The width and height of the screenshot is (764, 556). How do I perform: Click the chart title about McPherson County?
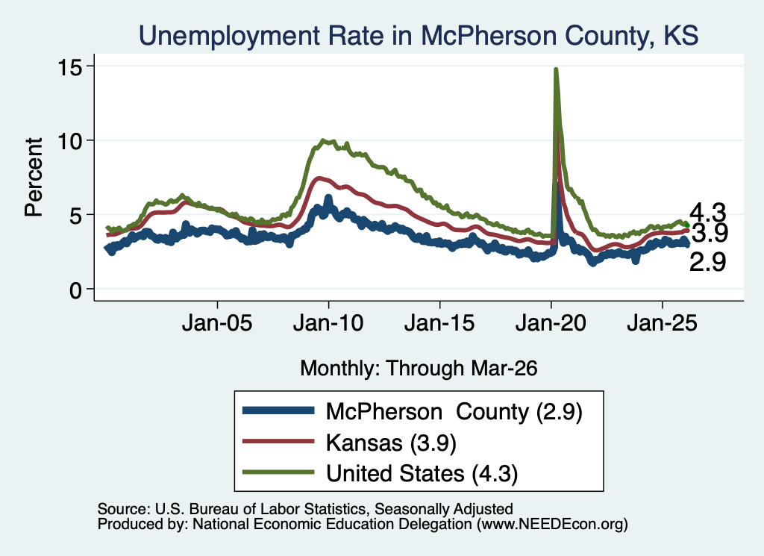(419, 36)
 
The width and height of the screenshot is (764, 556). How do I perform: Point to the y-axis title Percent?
(34, 177)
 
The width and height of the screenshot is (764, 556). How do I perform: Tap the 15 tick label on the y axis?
(69, 66)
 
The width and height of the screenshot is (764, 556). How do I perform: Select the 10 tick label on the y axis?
(69, 141)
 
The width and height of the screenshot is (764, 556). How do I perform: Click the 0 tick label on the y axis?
(75, 290)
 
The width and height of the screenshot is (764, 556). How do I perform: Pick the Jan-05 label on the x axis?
(217, 322)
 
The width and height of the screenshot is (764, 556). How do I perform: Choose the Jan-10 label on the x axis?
(328, 322)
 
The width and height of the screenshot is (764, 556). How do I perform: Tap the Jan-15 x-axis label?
(439, 322)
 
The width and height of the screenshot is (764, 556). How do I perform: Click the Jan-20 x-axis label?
(551, 322)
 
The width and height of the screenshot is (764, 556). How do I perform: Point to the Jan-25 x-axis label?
(663, 322)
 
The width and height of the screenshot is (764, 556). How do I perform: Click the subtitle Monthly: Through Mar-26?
(419, 369)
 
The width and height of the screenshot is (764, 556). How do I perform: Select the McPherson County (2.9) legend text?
(454, 412)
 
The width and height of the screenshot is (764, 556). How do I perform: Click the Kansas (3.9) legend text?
(391, 443)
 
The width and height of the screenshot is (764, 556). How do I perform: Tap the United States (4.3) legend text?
(422, 474)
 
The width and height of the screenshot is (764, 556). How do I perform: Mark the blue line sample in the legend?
(278, 410)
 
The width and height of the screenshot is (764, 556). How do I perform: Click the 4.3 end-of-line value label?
(707, 213)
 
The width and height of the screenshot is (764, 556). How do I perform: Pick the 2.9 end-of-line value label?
(707, 262)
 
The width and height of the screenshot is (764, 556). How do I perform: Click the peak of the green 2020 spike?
(556, 69)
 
